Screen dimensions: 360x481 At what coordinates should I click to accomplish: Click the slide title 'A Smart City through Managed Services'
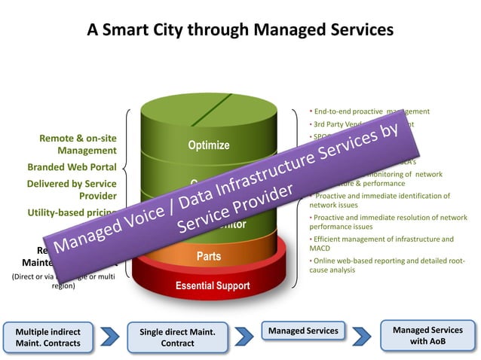pyautogui.click(x=240, y=30)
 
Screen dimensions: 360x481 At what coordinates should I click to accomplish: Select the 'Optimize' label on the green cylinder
pyautogui.click(x=209, y=145)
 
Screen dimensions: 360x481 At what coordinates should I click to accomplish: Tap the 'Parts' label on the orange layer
pyautogui.click(x=209, y=256)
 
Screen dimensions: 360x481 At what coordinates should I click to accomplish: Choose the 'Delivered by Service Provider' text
pyautogui.click(x=72, y=189)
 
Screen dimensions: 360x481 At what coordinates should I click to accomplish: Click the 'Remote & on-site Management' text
pyautogui.click(x=78, y=144)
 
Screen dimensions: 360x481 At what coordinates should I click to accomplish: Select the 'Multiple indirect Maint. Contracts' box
pyautogui.click(x=47, y=337)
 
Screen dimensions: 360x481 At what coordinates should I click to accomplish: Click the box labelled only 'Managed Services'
pyautogui.click(x=302, y=331)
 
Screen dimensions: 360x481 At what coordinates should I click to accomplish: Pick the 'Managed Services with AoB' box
pyautogui.click(x=427, y=336)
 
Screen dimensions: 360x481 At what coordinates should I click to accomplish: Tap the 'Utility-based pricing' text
pyautogui.click(x=70, y=213)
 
